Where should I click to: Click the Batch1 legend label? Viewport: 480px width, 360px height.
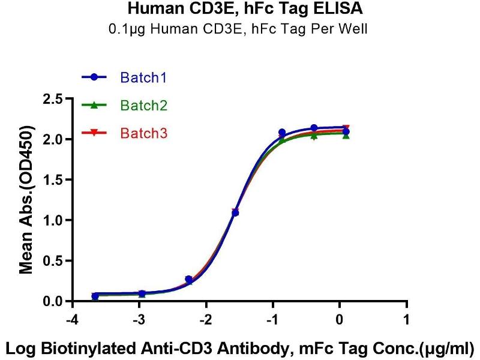143,77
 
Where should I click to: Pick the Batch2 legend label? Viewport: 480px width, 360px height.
143,106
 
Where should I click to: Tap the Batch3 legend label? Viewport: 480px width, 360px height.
143,133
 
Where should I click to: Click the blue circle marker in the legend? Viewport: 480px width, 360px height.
95,77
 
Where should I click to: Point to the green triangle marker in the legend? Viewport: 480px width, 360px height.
95,106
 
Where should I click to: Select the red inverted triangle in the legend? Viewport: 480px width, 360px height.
95,133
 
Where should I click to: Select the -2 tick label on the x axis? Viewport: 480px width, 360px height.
206,318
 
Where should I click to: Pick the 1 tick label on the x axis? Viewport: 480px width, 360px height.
407,318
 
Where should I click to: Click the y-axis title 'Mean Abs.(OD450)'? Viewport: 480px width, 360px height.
26,200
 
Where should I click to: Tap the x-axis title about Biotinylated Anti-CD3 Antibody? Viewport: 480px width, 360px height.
240,347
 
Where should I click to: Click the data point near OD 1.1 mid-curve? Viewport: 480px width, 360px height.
235,212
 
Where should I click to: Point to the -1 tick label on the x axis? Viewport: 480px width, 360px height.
273,318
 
